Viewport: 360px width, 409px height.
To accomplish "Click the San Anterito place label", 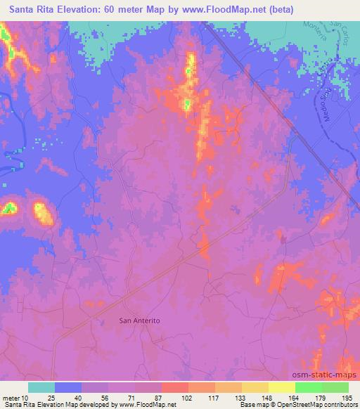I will coord(140,320).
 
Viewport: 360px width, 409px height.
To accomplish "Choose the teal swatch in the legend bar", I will coord(41,387).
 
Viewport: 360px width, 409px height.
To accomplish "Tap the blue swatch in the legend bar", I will coord(68,387).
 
